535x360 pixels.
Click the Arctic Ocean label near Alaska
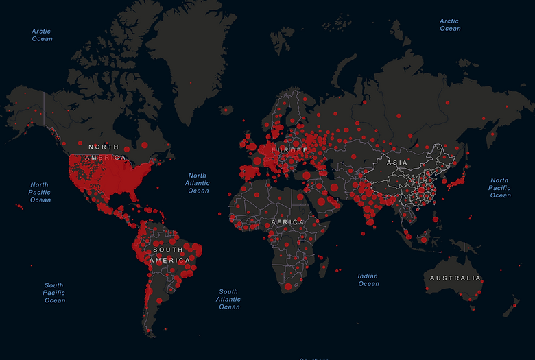click(x=42, y=35)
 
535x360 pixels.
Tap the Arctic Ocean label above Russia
click(x=450, y=25)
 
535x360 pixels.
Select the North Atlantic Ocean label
click(x=198, y=183)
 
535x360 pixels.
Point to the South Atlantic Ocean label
click(x=228, y=299)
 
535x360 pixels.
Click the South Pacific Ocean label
click(x=54, y=293)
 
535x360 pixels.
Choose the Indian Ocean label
click(x=368, y=280)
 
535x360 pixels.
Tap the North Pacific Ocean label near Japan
click(x=499, y=188)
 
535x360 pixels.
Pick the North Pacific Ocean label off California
click(x=40, y=192)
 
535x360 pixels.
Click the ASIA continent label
click(x=398, y=163)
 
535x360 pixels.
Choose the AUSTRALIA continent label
click(x=455, y=278)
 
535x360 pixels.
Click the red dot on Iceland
click(x=225, y=109)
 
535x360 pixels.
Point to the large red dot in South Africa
click(x=289, y=285)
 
